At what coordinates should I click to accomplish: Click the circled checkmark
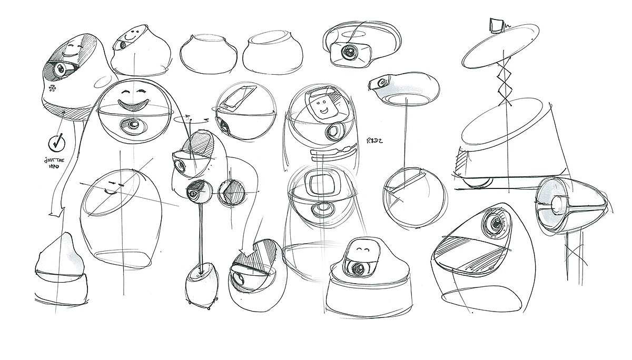tap(56, 142)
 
